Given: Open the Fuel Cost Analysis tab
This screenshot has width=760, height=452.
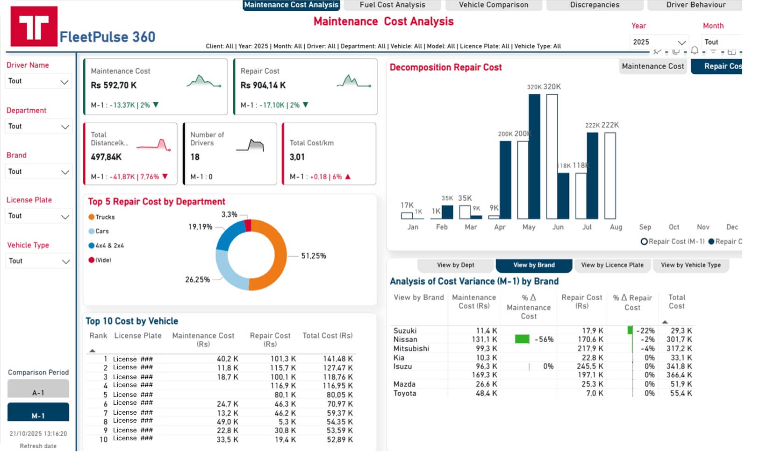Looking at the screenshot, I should click(x=392, y=5).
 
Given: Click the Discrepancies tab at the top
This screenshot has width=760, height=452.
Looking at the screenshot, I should click(x=594, y=5).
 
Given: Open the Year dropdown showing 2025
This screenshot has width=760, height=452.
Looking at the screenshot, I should click(x=659, y=42).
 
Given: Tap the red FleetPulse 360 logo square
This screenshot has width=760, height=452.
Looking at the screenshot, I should click(x=34, y=27).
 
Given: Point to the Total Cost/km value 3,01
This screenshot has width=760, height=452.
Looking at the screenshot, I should click(x=297, y=157).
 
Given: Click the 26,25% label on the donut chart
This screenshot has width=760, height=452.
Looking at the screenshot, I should click(x=197, y=280).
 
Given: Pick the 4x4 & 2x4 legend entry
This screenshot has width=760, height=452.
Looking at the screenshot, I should click(x=109, y=246).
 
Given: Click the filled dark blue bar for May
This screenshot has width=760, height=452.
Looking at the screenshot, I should click(x=534, y=156).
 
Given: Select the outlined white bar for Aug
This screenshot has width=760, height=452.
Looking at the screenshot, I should click(x=610, y=176).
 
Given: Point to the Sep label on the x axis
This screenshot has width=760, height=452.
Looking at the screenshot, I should click(x=645, y=227).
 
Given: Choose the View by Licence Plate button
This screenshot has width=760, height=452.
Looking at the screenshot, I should click(x=612, y=265).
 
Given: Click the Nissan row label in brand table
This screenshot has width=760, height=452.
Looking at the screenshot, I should click(x=405, y=339).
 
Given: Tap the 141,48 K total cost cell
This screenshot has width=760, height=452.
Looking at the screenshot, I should click(x=337, y=359).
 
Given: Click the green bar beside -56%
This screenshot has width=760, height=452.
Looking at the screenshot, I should click(x=522, y=339).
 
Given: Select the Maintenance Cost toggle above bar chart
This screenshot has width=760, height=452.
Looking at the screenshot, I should click(x=652, y=66).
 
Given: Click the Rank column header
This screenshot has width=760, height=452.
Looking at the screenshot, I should click(x=98, y=336).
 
